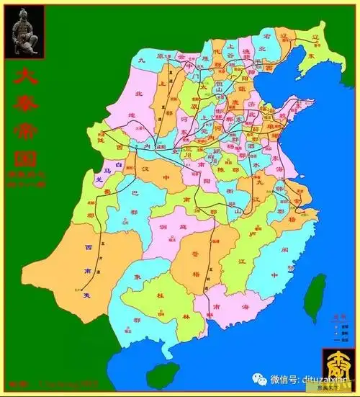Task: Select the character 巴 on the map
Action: [x=132, y=193]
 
